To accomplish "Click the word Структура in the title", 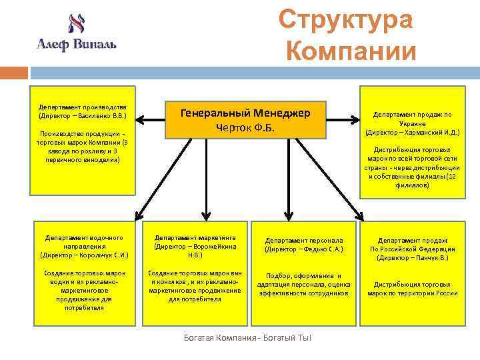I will click(345, 20).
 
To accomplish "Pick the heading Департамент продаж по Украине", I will click(412, 119).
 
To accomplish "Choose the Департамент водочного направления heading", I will click(83, 241).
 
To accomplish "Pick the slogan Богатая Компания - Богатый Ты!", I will click(247, 337).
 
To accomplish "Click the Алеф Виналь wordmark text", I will click(76, 44).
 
